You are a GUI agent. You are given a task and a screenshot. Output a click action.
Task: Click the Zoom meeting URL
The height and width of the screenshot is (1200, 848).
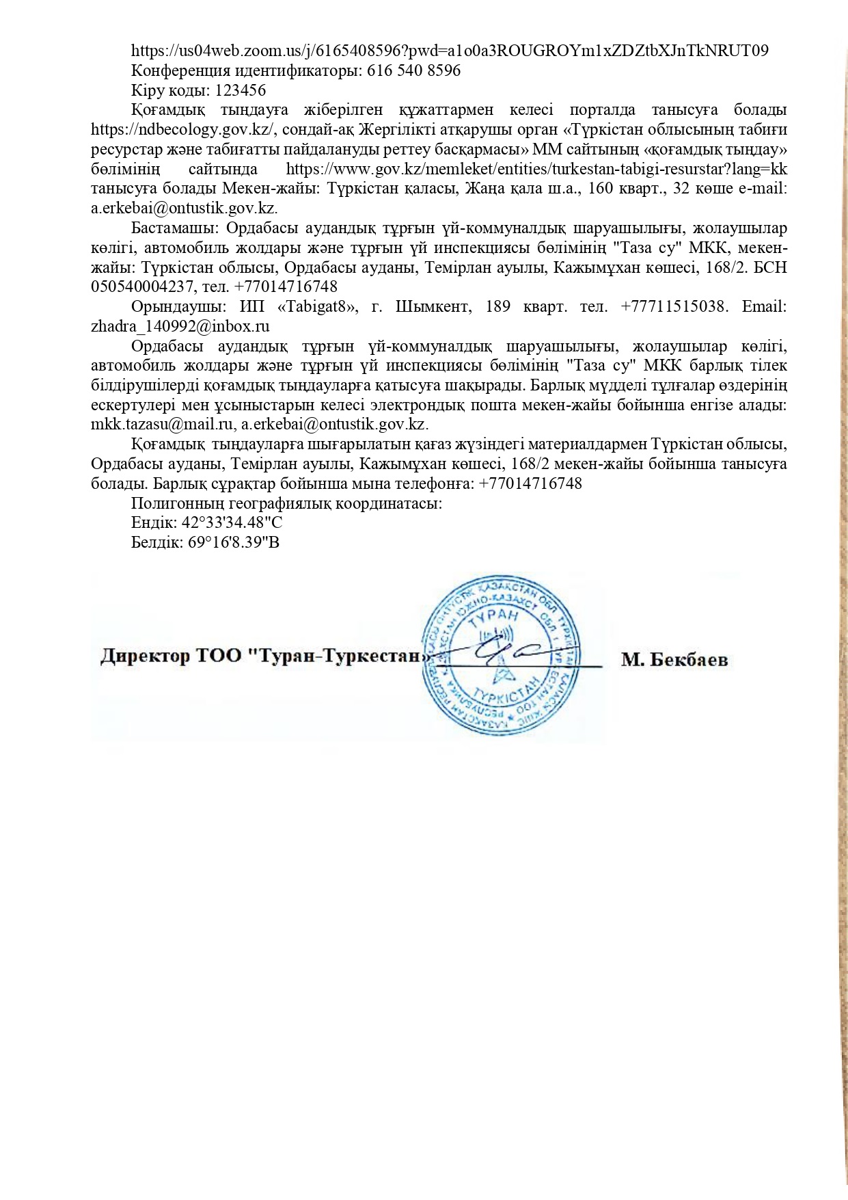coord(450,51)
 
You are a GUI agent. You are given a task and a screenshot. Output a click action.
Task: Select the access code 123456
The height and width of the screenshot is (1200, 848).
coord(241,90)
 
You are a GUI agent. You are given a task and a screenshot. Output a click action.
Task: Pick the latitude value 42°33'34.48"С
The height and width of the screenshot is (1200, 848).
coord(232,523)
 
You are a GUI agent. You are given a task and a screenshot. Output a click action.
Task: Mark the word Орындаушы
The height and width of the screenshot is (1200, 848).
coord(174,306)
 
